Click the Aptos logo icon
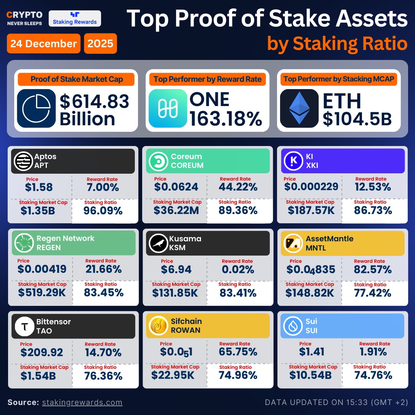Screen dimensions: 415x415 click(23, 161)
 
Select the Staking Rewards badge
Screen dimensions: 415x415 click(75, 18)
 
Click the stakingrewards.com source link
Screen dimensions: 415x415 click(82, 402)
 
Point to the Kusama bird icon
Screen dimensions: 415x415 click(158, 243)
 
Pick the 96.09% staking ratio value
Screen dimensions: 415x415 click(103, 211)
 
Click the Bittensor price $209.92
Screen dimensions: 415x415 click(41, 352)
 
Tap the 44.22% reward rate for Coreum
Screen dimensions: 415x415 click(238, 187)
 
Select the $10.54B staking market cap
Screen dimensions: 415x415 click(310, 375)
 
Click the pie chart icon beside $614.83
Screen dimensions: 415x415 click(37, 108)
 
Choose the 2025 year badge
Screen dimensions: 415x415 click(100, 43)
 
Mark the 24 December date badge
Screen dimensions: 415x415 click(43, 43)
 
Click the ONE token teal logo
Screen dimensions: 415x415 click(167, 108)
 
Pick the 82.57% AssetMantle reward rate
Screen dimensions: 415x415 click(373, 269)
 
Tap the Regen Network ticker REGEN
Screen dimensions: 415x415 click(49, 247)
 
